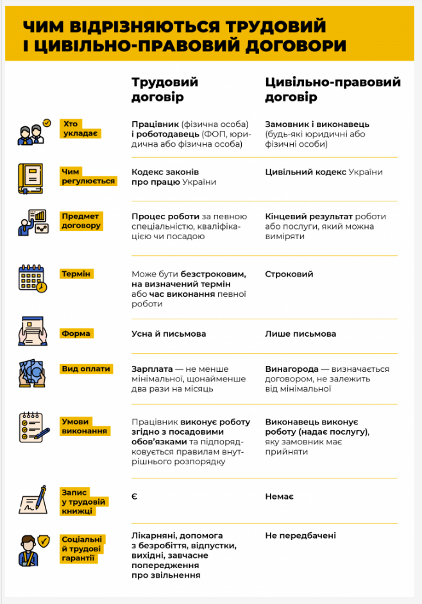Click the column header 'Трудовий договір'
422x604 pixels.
(165, 90)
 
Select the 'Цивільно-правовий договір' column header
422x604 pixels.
(332, 90)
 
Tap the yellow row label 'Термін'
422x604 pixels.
(77, 274)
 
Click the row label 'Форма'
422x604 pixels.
(76, 333)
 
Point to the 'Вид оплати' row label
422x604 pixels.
(86, 369)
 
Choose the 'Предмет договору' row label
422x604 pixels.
(81, 221)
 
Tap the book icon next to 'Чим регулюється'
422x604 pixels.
(31, 178)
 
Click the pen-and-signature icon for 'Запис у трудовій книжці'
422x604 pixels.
(33, 501)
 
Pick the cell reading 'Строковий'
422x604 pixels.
(289, 274)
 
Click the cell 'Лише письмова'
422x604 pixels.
(300, 333)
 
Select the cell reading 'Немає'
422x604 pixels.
(280, 496)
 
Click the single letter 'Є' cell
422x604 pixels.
(135, 496)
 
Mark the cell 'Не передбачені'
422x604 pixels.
(300, 535)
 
